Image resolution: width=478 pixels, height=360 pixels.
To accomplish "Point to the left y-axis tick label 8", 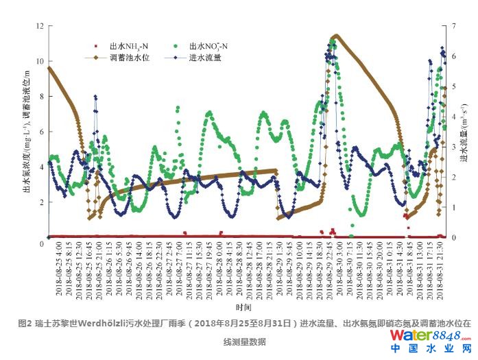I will pos(42,97).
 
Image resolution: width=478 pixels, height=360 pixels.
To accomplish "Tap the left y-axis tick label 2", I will pos(42,202).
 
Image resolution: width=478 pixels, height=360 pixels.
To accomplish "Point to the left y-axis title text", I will pos(27,130).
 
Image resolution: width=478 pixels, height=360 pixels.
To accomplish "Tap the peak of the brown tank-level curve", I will pos(335,36).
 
